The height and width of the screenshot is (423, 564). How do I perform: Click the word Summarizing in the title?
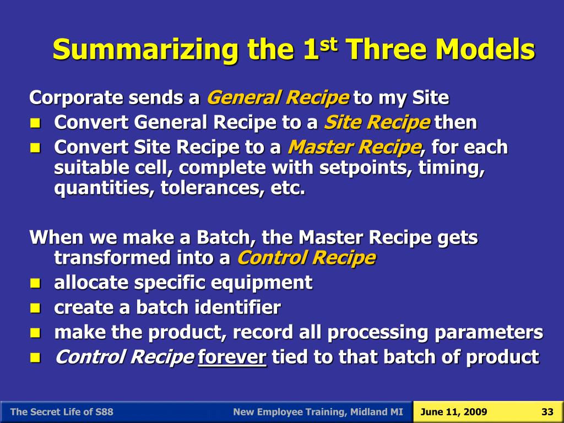(x=145, y=51)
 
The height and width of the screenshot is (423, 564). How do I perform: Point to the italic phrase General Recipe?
(x=277, y=98)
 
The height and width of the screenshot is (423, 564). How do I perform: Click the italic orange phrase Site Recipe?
(x=377, y=122)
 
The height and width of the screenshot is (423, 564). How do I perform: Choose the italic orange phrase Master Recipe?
(x=354, y=147)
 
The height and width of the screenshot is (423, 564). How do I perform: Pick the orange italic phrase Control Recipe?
(x=306, y=257)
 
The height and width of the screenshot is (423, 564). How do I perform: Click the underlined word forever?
(x=232, y=357)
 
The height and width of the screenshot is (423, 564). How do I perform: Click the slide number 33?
(x=547, y=412)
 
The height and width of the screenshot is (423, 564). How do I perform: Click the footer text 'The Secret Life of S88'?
(x=62, y=412)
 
